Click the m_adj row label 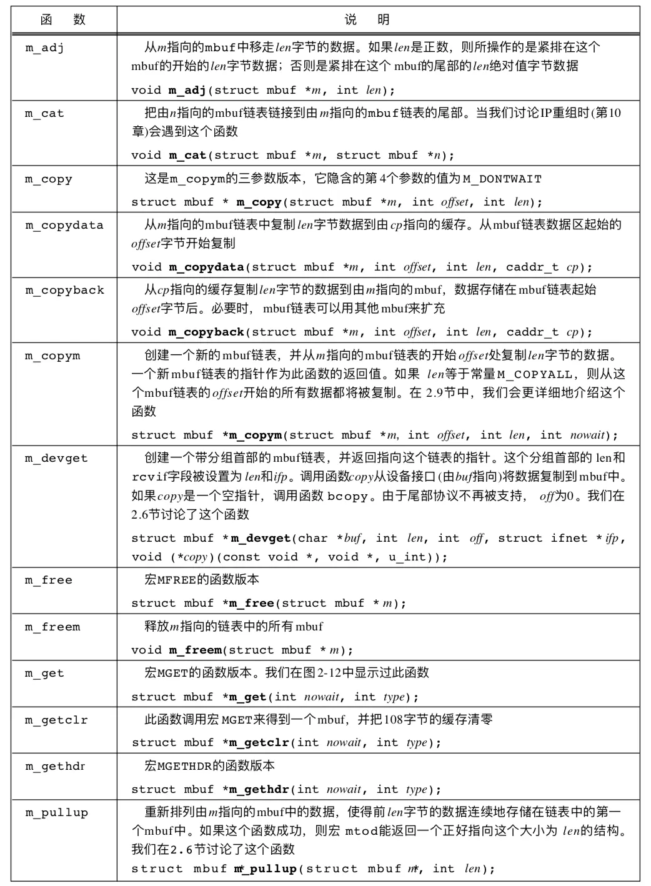[x=44, y=47]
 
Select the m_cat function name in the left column [x=44, y=113]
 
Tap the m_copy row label [x=48, y=179]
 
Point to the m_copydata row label [x=64, y=225]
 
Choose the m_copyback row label [x=64, y=290]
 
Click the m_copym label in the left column [x=52, y=356]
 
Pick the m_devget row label [x=56, y=458]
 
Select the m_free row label [x=48, y=580]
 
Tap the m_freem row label [x=52, y=627]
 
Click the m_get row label [x=44, y=673]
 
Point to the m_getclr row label [x=56, y=720]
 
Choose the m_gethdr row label [x=56, y=766]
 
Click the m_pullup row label [x=56, y=812]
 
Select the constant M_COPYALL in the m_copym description [x=535, y=374]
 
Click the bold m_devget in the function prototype [x=261, y=538]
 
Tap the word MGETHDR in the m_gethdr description [x=184, y=766]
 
